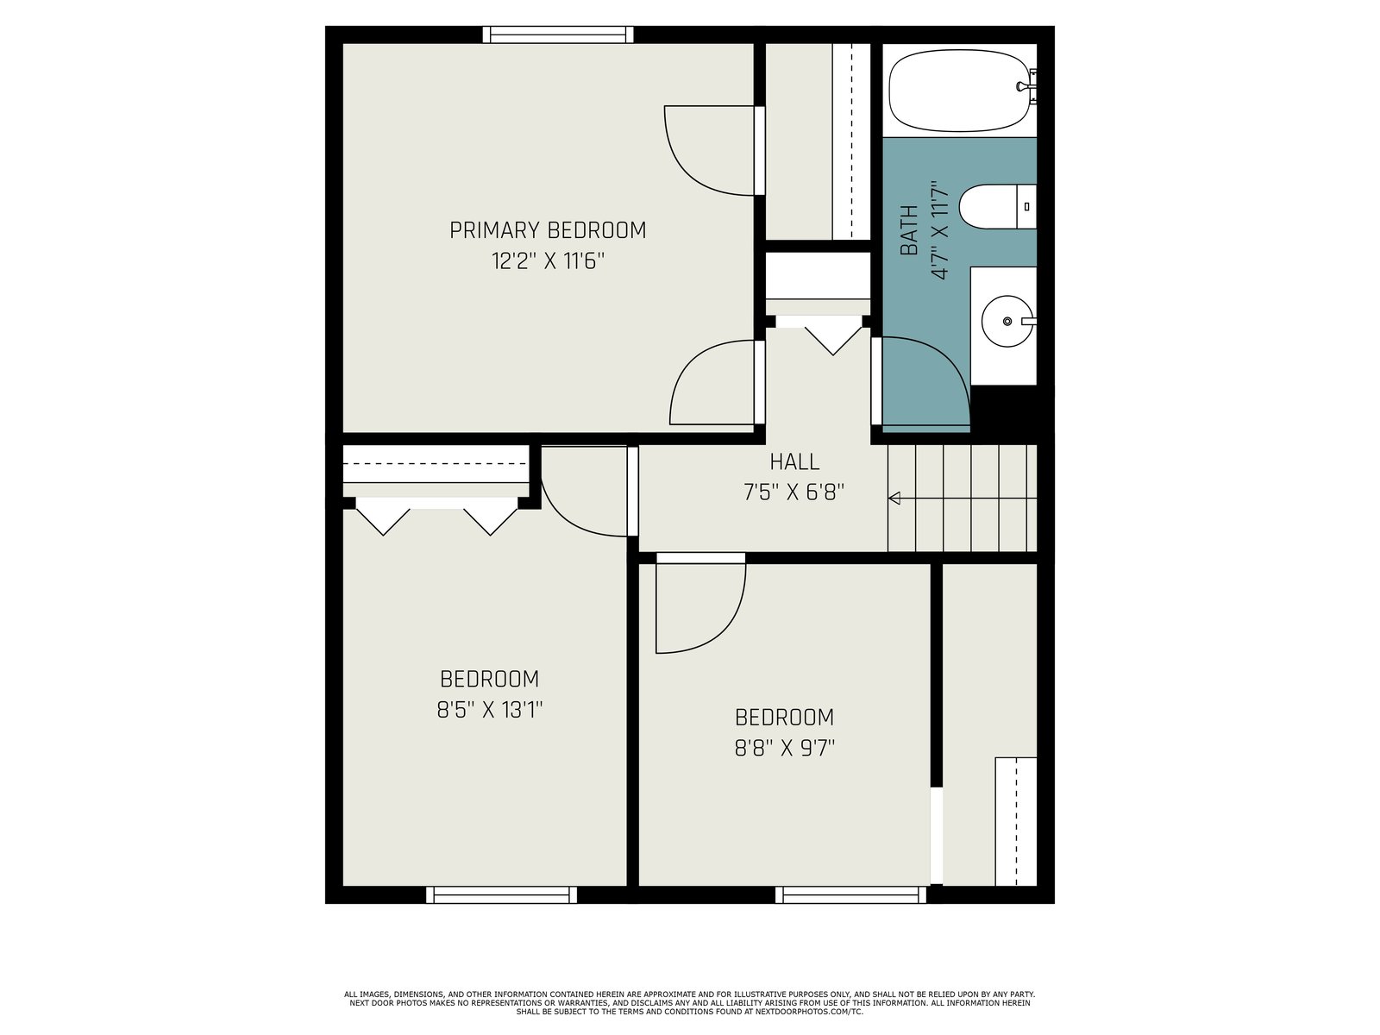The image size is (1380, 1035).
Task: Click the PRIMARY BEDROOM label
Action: point(548,230)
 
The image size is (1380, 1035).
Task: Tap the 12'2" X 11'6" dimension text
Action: point(548,260)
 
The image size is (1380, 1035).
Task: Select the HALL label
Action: point(794,462)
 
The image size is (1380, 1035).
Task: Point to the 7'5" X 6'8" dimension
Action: point(793,492)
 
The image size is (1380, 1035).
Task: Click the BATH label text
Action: point(909,230)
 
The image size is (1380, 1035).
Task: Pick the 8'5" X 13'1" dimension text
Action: point(490,710)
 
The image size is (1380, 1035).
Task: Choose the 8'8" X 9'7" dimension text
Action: point(785,749)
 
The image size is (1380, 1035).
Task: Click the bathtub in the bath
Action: point(959,91)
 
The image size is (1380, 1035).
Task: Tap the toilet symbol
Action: point(997,207)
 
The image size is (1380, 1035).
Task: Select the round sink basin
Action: point(1007,321)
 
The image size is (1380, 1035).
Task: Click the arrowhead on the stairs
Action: point(894,499)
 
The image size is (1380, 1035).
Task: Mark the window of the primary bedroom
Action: point(558,34)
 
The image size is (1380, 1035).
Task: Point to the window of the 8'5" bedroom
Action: point(501,895)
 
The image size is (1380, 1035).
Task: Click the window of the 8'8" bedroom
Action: point(850,895)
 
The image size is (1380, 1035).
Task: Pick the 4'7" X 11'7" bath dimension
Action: point(939,230)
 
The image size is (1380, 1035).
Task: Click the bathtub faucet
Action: point(1027,87)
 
